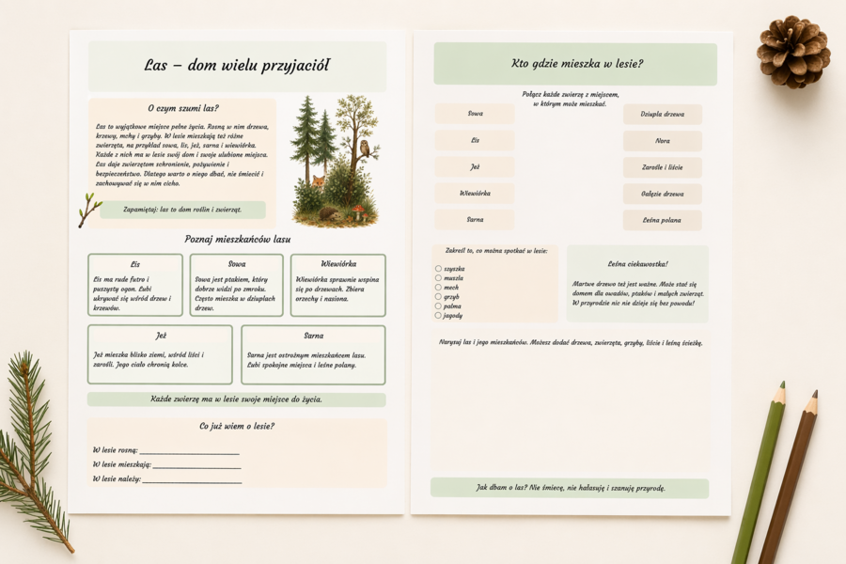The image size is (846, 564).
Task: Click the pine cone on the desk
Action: (792, 52)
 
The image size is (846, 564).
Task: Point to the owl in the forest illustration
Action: (364, 148)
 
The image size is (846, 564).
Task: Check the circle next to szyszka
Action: (438, 269)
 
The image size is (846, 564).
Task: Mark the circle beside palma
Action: (438, 306)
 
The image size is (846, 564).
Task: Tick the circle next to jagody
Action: (438, 316)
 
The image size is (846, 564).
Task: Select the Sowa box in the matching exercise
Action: (474, 114)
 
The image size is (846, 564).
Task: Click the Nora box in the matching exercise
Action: (663, 141)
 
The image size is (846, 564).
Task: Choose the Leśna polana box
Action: (663, 220)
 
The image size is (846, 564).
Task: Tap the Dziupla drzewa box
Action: (663, 115)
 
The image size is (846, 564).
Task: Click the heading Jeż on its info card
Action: (161, 336)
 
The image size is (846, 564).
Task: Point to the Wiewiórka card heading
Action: (338, 264)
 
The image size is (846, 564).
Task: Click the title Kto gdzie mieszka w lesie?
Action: (575, 64)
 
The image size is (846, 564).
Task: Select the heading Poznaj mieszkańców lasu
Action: (237, 239)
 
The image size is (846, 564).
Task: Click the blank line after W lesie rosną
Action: (189, 452)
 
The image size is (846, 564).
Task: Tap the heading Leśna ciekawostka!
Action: (637, 264)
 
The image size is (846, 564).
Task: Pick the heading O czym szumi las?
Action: (183, 108)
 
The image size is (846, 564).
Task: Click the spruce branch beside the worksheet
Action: (33, 442)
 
